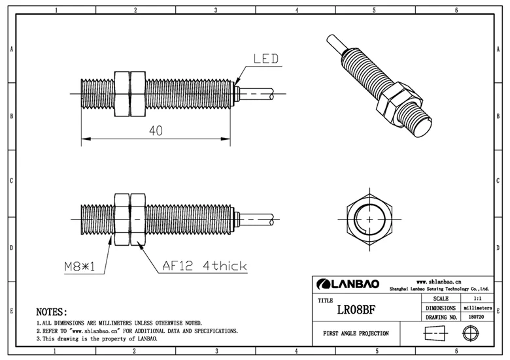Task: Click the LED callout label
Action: tap(266, 59)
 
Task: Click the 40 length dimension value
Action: tap(156, 130)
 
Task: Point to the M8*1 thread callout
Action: tap(79, 266)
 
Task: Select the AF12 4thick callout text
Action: tap(204, 266)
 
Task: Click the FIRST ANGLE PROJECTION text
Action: tap(356, 333)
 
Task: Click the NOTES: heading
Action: tap(52, 312)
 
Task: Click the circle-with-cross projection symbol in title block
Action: tap(467, 333)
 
